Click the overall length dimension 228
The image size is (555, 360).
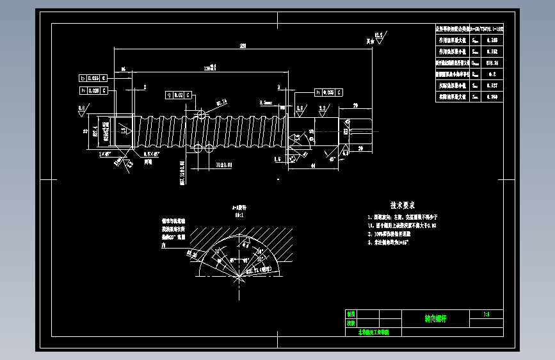coord(243,45)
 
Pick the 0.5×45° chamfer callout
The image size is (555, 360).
coord(151,154)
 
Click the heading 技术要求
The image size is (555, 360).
coord(403,205)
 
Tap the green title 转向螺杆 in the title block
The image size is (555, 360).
coord(437,318)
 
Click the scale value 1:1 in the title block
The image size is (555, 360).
coord(487,314)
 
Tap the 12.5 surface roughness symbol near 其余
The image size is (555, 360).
coord(378,35)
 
